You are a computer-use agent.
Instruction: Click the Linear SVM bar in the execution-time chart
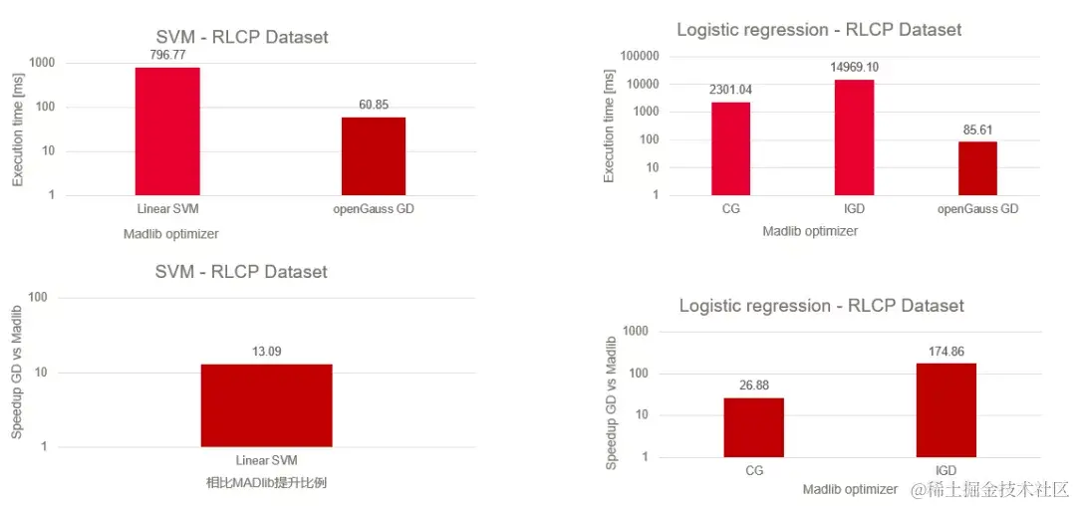167,130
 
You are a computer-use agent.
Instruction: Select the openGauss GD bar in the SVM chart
374,155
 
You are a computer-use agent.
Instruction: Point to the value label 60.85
374,105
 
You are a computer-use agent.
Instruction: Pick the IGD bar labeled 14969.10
854,136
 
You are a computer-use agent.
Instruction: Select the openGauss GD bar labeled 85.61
977,167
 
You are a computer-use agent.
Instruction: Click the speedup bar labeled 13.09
266,404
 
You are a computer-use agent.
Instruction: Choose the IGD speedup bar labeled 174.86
946,409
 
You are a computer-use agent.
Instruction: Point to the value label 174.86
946,353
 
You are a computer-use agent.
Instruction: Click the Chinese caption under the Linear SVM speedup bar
266,483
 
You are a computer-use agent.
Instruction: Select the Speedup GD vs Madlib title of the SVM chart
17,374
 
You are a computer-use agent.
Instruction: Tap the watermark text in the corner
990,489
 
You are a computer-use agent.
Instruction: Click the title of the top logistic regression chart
819,30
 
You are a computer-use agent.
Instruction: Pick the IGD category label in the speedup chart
946,470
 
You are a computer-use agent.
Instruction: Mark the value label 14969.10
854,68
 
